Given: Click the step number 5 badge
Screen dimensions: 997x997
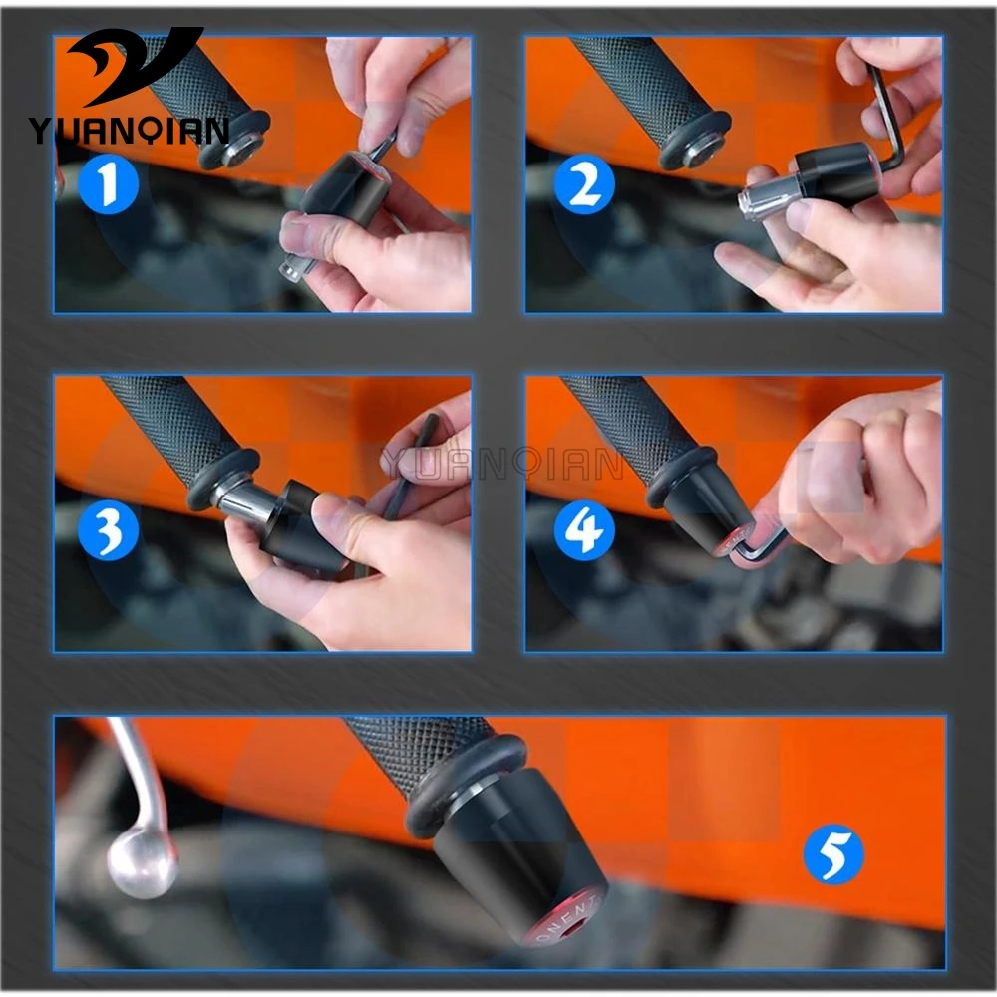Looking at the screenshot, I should (x=832, y=854).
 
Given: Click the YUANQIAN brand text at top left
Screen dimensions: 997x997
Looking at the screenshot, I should (x=128, y=130).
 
